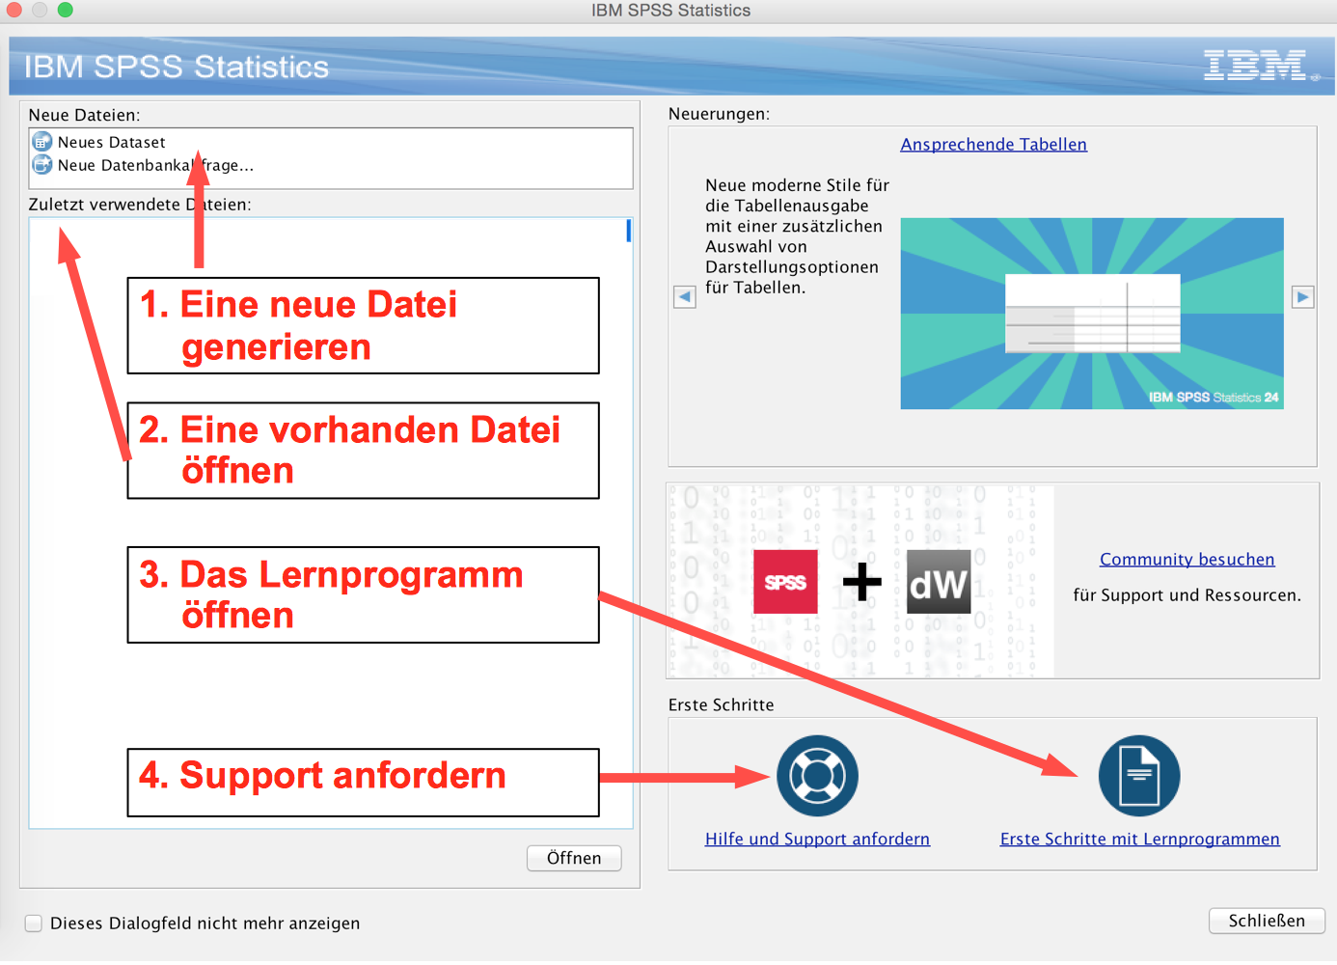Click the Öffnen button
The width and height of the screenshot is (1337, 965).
(x=574, y=858)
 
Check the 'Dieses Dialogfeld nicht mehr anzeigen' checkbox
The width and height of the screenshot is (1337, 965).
(x=34, y=924)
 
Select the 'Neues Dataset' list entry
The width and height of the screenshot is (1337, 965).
(x=111, y=143)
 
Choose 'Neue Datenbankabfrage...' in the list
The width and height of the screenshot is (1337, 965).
(x=154, y=166)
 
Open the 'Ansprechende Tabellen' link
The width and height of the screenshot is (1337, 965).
(x=994, y=145)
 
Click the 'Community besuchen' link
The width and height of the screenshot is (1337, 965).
(x=1187, y=560)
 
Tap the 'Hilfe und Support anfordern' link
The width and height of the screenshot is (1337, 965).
(x=817, y=840)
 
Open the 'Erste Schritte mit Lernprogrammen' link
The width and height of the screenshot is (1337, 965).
(x=1139, y=840)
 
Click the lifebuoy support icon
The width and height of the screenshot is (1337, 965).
(x=817, y=776)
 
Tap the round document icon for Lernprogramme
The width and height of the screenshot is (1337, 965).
(x=1139, y=776)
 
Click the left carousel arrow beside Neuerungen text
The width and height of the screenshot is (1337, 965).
(x=685, y=297)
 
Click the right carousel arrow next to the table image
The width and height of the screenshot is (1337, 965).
(x=1302, y=297)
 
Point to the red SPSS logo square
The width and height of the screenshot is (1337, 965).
(x=785, y=582)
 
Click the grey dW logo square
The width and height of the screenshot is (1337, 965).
(x=939, y=582)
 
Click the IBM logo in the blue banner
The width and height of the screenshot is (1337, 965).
(x=1255, y=66)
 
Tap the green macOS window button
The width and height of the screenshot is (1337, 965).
(x=65, y=10)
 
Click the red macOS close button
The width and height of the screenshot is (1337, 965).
(x=14, y=10)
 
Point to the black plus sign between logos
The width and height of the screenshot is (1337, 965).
(x=861, y=582)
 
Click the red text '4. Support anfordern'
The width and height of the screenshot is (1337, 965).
(x=323, y=776)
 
